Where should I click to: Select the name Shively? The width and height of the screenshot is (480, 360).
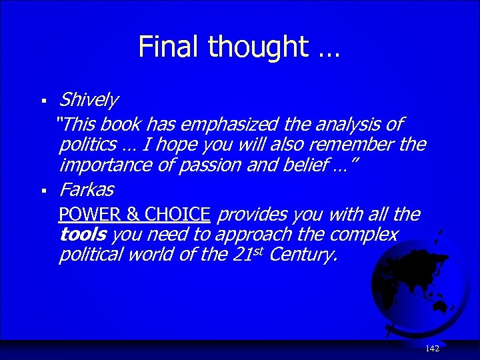(88, 100)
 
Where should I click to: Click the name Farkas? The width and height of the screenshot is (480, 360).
(86, 190)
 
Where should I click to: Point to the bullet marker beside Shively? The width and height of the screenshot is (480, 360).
(43, 101)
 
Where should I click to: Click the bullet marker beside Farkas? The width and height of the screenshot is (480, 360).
(43, 191)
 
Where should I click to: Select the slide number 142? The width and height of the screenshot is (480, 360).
(432, 349)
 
